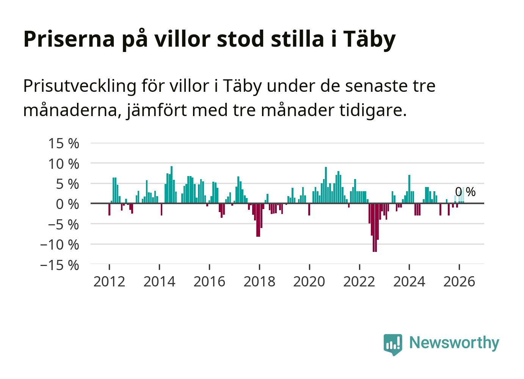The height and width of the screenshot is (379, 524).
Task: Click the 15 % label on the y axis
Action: (x=64, y=143)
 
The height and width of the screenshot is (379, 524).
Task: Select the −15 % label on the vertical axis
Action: (x=60, y=265)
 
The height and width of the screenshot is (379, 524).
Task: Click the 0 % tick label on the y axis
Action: (x=67, y=204)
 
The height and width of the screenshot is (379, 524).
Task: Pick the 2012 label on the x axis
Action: (x=109, y=281)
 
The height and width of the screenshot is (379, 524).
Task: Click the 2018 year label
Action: (x=259, y=281)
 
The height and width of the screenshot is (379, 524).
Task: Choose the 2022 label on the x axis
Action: (x=359, y=281)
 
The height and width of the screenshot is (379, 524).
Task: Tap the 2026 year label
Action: (x=459, y=281)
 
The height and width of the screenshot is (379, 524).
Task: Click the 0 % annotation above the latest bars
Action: (x=465, y=192)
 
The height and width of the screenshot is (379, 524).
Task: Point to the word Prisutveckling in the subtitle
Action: (x=80, y=86)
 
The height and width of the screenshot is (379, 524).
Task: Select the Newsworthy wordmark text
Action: (x=454, y=343)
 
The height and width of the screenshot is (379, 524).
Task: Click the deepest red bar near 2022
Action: (x=375, y=228)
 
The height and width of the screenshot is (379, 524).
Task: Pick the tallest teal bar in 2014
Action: (x=171, y=184)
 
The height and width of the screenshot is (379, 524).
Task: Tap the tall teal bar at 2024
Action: (x=409, y=189)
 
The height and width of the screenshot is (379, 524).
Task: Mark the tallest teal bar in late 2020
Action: (x=326, y=185)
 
